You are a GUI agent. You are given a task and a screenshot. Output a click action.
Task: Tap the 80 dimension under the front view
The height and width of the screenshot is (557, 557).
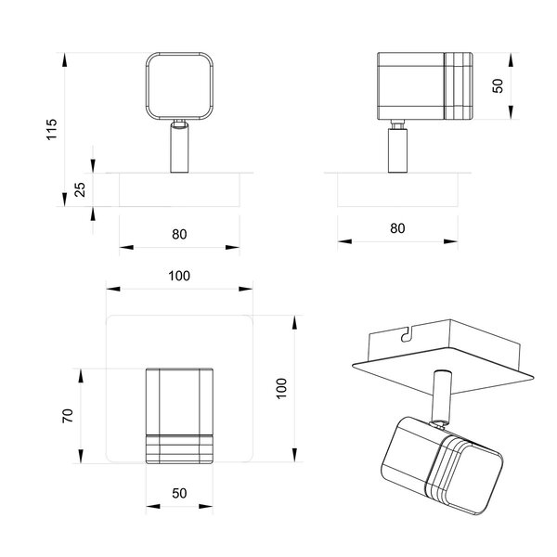point(179,234)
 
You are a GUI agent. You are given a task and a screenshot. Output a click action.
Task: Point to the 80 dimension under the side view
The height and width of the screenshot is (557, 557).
point(397,227)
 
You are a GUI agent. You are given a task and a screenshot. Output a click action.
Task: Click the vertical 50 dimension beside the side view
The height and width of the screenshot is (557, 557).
point(498,85)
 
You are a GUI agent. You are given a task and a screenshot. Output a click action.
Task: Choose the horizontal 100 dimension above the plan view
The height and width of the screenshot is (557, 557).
point(179,276)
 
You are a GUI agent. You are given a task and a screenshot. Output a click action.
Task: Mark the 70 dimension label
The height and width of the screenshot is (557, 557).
point(67,415)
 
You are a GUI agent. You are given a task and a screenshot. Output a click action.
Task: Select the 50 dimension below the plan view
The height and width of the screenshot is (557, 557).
point(179,495)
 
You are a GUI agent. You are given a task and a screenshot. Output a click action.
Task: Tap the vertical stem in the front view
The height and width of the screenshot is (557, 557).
point(179,149)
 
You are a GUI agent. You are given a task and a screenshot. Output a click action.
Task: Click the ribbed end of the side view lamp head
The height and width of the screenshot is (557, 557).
point(458,86)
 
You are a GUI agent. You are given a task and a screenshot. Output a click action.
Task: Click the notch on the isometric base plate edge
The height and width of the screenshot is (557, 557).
point(406,332)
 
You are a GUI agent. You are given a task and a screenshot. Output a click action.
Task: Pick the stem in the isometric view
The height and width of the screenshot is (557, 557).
point(441,395)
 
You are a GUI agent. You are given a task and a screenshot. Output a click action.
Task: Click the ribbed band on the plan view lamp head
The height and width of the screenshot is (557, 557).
point(179,446)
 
